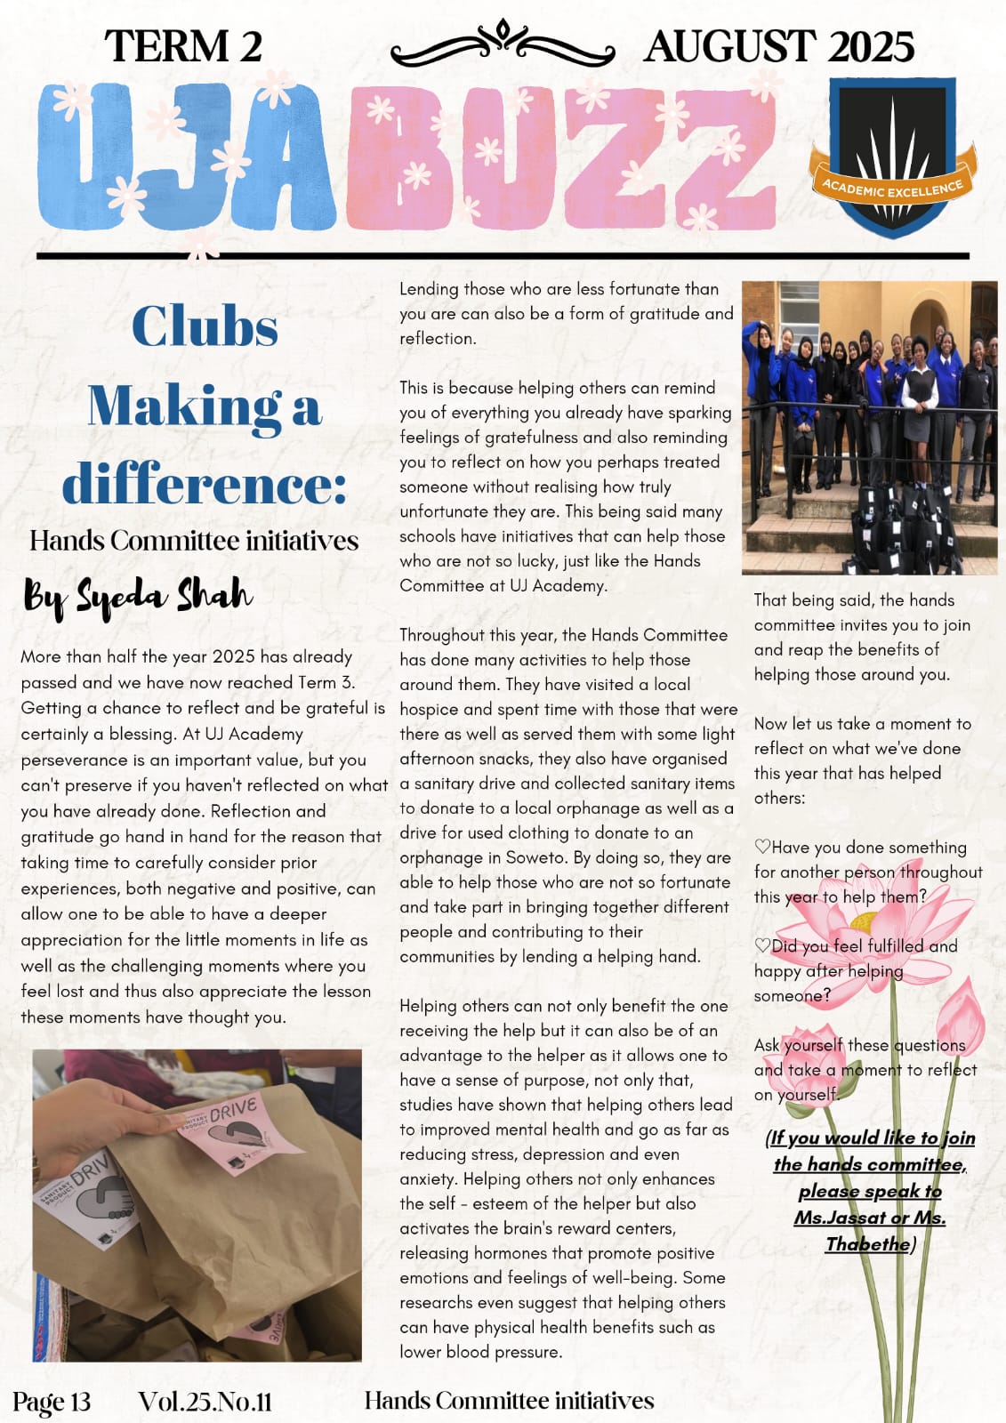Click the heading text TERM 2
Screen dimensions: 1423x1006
pos(183,46)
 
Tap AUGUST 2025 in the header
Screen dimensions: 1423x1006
pos(778,46)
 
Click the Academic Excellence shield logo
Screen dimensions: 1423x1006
pos(892,157)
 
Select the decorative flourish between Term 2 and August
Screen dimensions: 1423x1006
pos(503,44)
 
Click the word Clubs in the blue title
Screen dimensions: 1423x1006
pos(205,326)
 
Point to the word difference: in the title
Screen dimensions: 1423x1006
pos(204,485)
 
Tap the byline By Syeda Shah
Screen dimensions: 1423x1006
pos(138,595)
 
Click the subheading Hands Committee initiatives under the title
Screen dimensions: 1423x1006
pos(194,541)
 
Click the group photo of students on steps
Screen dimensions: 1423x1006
pos(869,428)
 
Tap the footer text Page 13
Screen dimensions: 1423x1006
pos(52,1402)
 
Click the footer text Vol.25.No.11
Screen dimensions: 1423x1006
pos(205,1402)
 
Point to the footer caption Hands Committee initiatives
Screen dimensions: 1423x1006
pos(509,1401)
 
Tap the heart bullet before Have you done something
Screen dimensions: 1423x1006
pos(762,847)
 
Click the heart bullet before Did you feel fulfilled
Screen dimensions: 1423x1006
pos(762,945)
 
